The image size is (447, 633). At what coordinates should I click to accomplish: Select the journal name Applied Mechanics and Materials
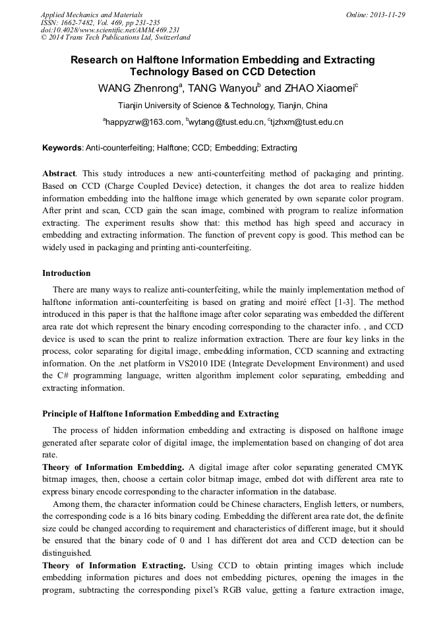pos(91,15)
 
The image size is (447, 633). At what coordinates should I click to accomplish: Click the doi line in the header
pos(110,30)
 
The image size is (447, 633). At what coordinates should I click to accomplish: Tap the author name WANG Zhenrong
pos(136,88)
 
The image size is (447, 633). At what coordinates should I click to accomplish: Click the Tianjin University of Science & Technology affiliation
pos(223,106)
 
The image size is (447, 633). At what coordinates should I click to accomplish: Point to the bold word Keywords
pos(62,148)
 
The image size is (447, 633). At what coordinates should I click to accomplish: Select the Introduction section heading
pos(67,273)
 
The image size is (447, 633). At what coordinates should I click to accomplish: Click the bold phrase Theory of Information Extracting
pos(114,566)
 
